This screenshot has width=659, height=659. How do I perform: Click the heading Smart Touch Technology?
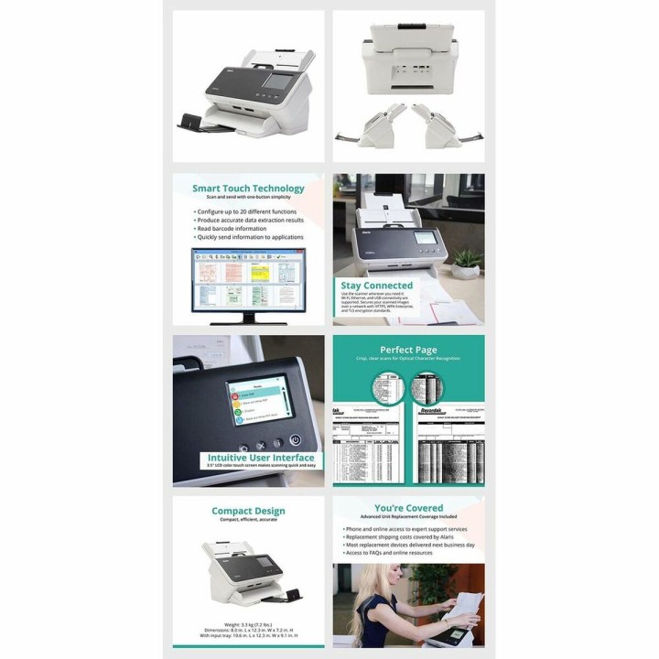point(248,189)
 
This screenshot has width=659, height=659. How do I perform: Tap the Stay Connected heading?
point(376,286)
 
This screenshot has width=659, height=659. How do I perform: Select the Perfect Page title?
point(408,349)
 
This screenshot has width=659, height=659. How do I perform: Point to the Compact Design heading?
point(248,511)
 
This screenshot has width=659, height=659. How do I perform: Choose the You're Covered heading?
point(408,508)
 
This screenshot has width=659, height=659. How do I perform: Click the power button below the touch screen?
point(295,440)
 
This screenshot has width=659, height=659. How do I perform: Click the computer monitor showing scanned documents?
point(248,281)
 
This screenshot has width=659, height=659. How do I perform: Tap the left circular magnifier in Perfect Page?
point(384,389)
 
